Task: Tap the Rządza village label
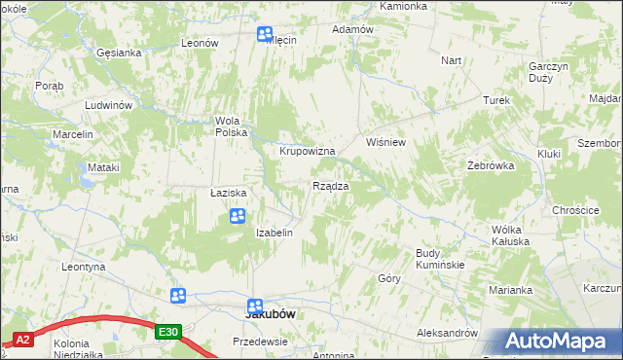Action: pyautogui.click(x=329, y=186)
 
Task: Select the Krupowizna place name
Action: pyautogui.click(x=308, y=152)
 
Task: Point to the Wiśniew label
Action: pyautogui.click(x=385, y=142)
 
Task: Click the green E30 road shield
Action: pyautogui.click(x=168, y=333)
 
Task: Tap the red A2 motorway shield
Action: pyautogui.click(x=22, y=340)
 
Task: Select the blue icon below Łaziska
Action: pyautogui.click(x=237, y=215)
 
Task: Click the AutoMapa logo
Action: pyautogui.click(x=556, y=342)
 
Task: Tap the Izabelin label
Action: pyautogui.click(x=274, y=234)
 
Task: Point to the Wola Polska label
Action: pyautogui.click(x=233, y=126)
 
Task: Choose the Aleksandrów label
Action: pyautogui.click(x=447, y=333)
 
